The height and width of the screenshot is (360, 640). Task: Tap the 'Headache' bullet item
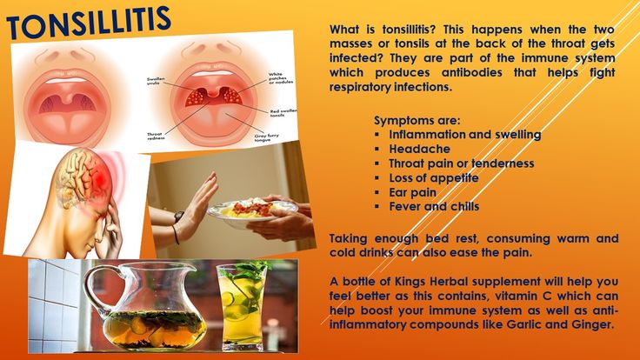419,150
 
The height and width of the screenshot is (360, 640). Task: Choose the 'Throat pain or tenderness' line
461,163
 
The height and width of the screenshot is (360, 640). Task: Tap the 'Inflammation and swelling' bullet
464,135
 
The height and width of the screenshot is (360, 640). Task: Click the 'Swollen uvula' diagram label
157,82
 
